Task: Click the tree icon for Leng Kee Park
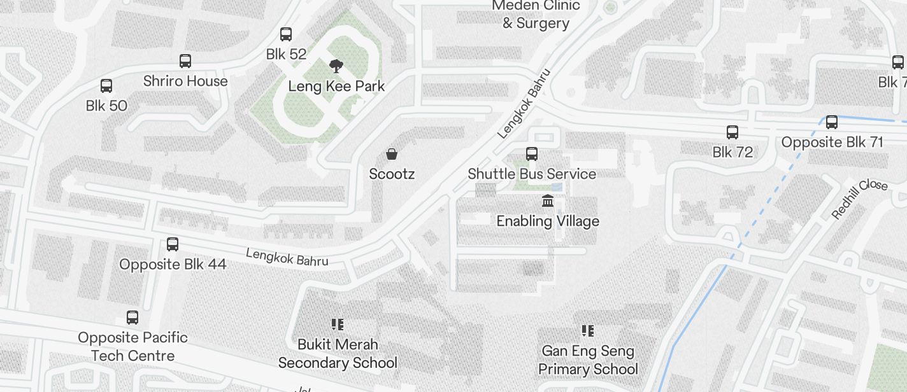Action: tap(336, 65)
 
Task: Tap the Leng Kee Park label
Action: tap(336, 86)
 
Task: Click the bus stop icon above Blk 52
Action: tap(286, 34)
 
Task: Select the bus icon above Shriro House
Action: tap(185, 61)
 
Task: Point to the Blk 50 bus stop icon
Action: tap(106, 86)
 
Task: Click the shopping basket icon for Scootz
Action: tap(392, 154)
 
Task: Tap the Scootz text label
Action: tap(392, 174)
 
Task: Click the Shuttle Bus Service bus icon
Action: tap(532, 154)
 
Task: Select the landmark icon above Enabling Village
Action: tap(547, 202)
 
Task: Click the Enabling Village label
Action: tap(548, 221)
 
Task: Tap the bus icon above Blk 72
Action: tap(732, 132)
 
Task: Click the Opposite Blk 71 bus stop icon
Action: tap(832, 122)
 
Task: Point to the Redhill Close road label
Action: tap(859, 199)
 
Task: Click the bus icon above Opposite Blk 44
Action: tap(173, 244)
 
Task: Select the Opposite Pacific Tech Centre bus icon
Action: tap(132, 318)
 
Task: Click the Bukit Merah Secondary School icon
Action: tap(338, 325)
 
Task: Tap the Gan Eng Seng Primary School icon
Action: tap(588, 331)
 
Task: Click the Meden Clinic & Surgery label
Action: tap(536, 14)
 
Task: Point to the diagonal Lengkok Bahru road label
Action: tap(523, 104)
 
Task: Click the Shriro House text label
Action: tap(185, 81)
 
